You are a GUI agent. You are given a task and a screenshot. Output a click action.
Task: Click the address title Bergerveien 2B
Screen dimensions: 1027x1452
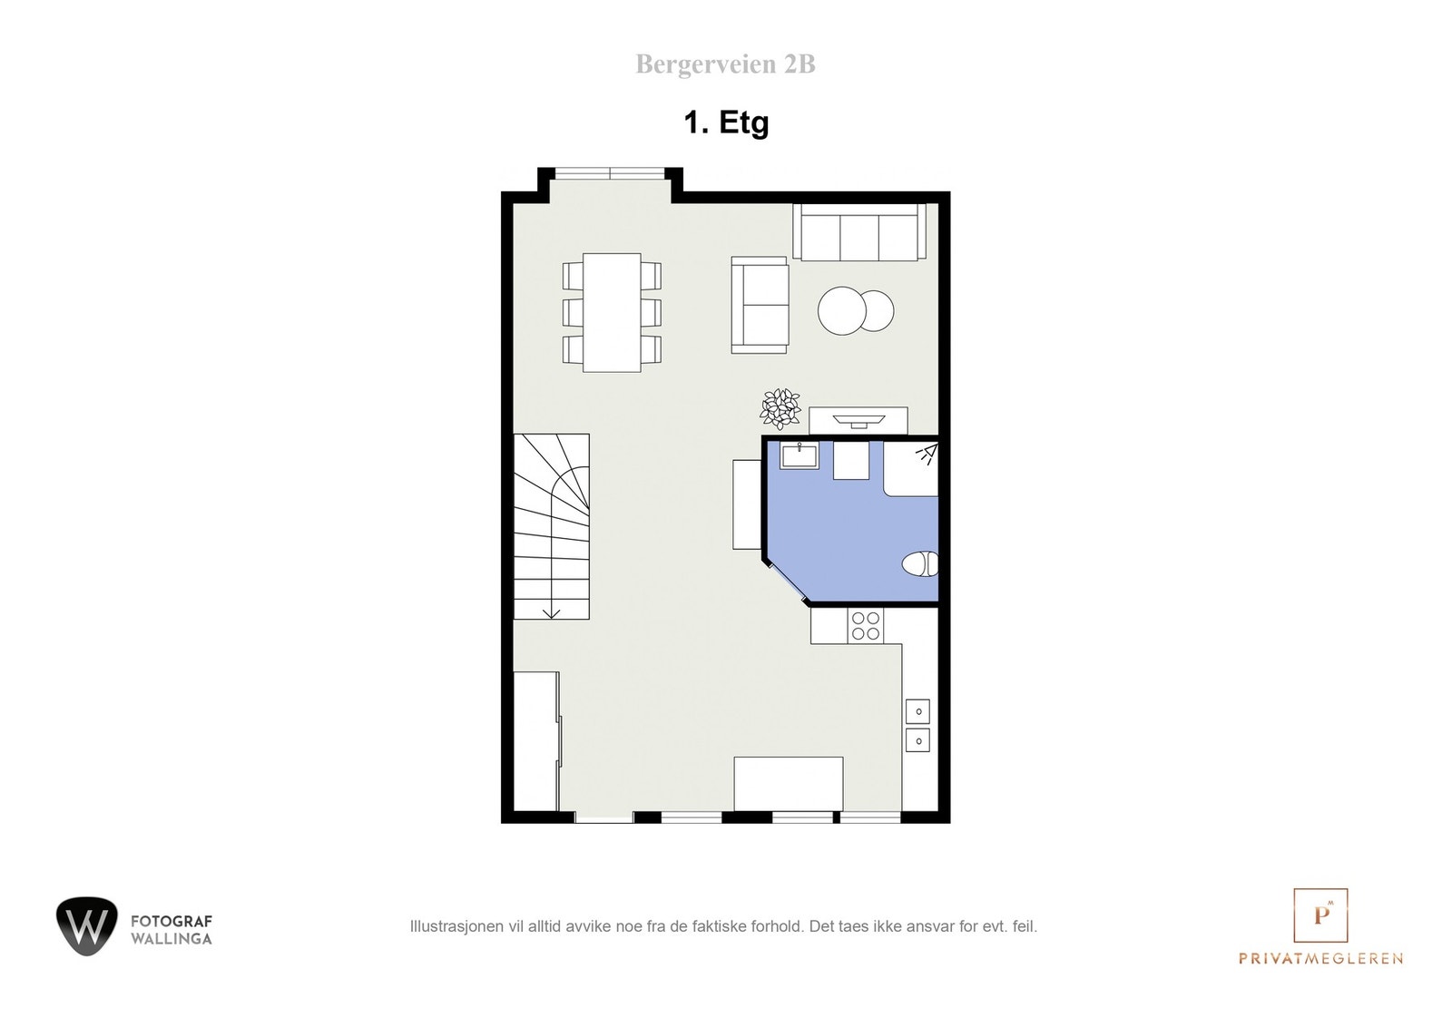point(725,64)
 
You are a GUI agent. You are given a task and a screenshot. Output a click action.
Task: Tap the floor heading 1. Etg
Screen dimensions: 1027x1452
point(726,122)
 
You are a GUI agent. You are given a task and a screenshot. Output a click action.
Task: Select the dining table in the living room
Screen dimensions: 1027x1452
point(612,312)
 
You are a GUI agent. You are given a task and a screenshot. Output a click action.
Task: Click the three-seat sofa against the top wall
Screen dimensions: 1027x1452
point(858,232)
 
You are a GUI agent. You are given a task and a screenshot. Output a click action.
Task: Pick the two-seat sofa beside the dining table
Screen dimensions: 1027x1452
point(760,305)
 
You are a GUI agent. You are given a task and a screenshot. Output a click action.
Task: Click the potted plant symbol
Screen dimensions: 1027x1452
point(780,408)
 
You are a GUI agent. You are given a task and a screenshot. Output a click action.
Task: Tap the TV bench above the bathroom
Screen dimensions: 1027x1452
point(858,420)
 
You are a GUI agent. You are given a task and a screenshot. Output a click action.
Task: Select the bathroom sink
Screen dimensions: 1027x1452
point(800,455)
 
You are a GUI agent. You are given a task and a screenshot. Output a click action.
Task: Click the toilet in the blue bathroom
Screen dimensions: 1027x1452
point(921,564)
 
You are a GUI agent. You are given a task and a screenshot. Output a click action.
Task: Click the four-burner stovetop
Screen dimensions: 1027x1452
point(865,625)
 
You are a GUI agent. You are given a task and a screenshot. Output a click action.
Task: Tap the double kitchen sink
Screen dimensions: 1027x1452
point(917,726)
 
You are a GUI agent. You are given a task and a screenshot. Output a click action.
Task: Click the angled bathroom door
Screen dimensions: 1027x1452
point(785,580)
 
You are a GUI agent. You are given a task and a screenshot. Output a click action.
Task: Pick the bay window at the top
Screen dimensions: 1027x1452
point(610,171)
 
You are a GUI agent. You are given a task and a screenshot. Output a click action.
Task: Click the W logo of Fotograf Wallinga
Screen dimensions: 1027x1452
point(87,926)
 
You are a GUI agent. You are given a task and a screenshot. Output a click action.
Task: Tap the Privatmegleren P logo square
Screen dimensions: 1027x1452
point(1320,915)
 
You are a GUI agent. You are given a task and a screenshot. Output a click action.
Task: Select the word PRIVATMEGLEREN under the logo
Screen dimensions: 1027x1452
point(1320,959)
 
